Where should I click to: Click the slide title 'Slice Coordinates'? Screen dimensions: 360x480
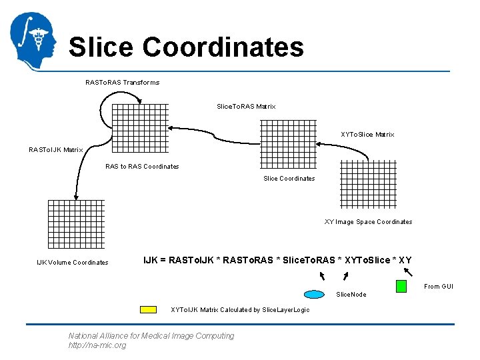(x=186, y=47)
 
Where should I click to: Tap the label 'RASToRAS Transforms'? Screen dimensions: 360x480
(x=122, y=83)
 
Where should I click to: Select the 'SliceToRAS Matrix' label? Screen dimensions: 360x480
(x=246, y=107)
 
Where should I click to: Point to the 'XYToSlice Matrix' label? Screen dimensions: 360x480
(x=367, y=135)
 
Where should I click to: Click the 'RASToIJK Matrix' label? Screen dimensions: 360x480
(x=55, y=150)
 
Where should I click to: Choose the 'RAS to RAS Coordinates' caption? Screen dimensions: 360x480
(x=142, y=167)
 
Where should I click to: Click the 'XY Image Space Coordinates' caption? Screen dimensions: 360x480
(x=368, y=222)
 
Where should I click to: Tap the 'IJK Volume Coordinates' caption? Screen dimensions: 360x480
(x=72, y=263)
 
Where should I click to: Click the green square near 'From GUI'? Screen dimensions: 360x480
(x=401, y=286)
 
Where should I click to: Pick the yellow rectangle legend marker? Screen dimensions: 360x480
(x=148, y=309)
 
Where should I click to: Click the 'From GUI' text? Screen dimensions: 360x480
(x=439, y=287)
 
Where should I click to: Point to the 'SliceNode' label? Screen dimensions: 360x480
(x=351, y=295)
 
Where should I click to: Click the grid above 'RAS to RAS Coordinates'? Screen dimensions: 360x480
(x=140, y=129)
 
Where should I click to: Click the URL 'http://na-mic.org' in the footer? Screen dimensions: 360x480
(x=97, y=345)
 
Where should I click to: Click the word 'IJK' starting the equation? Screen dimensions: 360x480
(x=151, y=260)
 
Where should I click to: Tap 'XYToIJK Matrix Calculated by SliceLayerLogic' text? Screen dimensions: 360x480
(x=240, y=310)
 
